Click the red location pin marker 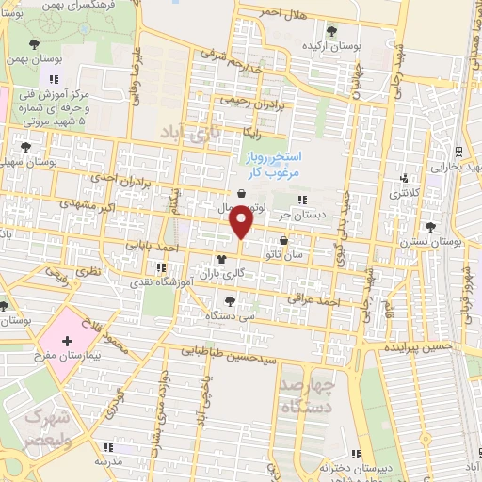tap(242, 223)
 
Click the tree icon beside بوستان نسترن tap(430, 226)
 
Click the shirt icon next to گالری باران tap(222, 260)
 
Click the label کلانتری tap(407, 192)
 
